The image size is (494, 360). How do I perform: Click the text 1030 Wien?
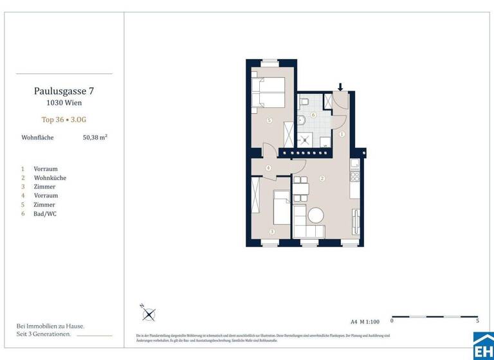click(x=64, y=102)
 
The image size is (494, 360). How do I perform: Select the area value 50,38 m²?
click(x=95, y=137)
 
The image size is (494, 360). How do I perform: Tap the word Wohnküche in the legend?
click(x=50, y=177)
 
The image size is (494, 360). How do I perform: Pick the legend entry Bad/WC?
click(x=45, y=213)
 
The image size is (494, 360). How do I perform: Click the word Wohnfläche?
click(x=37, y=137)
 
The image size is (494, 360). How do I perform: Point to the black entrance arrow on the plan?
click(x=341, y=87)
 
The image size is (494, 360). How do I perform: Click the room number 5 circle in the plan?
click(x=269, y=120)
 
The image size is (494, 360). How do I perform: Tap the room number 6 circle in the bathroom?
click(x=313, y=115)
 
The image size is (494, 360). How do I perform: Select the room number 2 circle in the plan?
click(x=322, y=178)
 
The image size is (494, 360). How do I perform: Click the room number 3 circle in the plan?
click(x=271, y=231)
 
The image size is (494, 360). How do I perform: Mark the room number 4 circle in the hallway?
click(x=268, y=168)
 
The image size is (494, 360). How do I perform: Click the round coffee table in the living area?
click(x=316, y=215)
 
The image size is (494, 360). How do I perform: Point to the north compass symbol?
click(x=149, y=314)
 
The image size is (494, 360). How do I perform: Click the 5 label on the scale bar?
click(x=477, y=320)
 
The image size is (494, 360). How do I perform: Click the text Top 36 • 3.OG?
click(x=64, y=120)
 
